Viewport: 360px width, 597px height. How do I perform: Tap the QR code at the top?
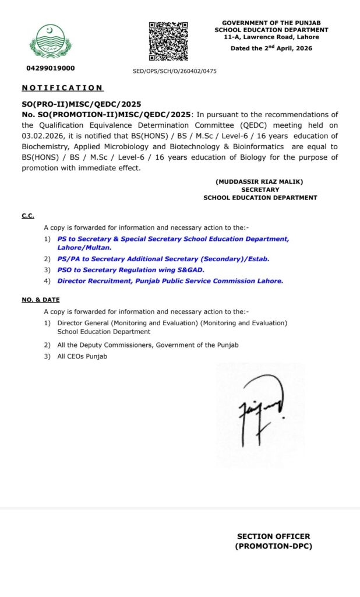pyautogui.click(x=168, y=41)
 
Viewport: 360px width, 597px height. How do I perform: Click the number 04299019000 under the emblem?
pyautogui.click(x=51, y=68)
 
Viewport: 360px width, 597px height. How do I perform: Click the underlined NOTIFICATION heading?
pyautogui.click(x=62, y=88)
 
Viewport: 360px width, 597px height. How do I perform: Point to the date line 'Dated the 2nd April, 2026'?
pyautogui.click(x=271, y=48)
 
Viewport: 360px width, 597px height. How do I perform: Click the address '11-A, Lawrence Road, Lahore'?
pyautogui.click(x=271, y=37)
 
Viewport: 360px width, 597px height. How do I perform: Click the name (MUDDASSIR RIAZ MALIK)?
pyautogui.click(x=259, y=181)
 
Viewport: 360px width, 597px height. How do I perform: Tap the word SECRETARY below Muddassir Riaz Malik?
pyautogui.click(x=259, y=189)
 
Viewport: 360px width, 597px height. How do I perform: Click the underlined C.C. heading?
pyautogui.click(x=28, y=216)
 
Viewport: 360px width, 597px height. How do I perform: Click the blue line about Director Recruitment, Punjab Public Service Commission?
pyautogui.click(x=170, y=280)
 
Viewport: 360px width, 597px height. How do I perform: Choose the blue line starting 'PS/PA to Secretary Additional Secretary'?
pyautogui.click(x=163, y=258)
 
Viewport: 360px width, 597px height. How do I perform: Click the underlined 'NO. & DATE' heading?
pyautogui.click(x=42, y=300)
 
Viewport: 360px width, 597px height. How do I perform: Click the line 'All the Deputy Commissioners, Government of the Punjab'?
pyautogui.click(x=148, y=345)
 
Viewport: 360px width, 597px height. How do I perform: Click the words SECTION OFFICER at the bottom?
pyautogui.click(x=273, y=536)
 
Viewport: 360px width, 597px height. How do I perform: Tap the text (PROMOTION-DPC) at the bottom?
pyautogui.click(x=273, y=546)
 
